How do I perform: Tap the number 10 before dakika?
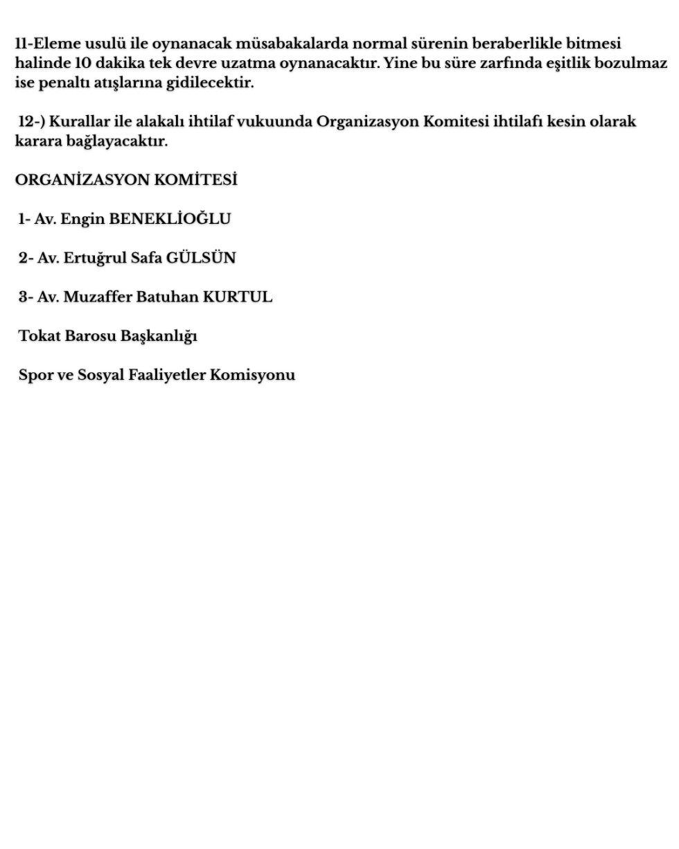coord(82,64)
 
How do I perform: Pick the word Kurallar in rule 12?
coord(78,122)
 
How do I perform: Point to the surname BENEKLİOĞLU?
coord(170,219)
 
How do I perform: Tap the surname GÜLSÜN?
coord(201,259)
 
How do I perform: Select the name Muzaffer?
coord(97,297)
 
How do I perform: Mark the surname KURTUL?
coord(237,297)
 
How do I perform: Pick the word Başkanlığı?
coord(159,337)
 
